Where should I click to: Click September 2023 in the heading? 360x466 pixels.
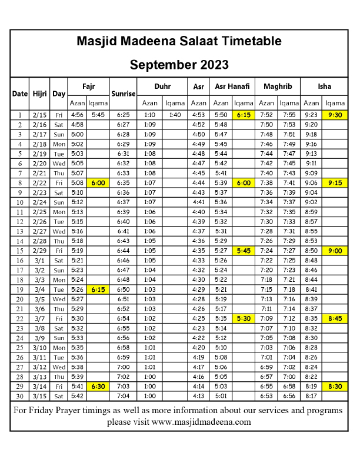pyautogui.click(x=179, y=64)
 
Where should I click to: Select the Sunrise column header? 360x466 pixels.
pyautogui.click(x=124, y=93)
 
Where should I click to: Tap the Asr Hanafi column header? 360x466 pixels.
pyautogui.click(x=232, y=86)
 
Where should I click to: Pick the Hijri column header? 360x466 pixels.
pyautogui.click(x=40, y=93)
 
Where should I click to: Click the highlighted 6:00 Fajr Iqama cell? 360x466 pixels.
pyautogui.click(x=98, y=183)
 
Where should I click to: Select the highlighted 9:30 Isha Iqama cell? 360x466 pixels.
pyautogui.click(x=335, y=115)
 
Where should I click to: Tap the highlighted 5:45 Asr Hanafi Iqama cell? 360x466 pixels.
pyautogui.click(x=244, y=251)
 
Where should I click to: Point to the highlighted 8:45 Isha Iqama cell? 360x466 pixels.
pyautogui.click(x=335, y=318)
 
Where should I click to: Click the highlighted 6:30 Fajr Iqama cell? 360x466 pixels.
pyautogui.click(x=98, y=386)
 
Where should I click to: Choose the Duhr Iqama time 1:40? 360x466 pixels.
pyautogui.click(x=174, y=115)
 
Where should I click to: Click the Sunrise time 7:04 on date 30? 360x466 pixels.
pyautogui.click(x=124, y=396)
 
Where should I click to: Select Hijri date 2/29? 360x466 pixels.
pyautogui.click(x=40, y=251)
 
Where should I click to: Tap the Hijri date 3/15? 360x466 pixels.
pyautogui.click(x=40, y=396)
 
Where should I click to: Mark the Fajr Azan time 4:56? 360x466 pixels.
pyautogui.click(x=77, y=115)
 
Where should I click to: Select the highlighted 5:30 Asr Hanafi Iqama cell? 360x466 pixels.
pyautogui.click(x=244, y=318)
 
